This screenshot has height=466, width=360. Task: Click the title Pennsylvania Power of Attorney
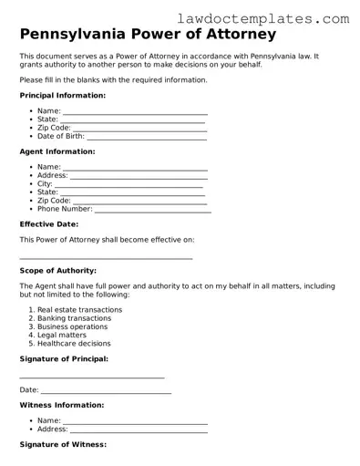[x=148, y=36]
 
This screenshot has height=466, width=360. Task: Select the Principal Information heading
[x=62, y=95]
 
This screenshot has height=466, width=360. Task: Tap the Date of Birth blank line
[x=147, y=138]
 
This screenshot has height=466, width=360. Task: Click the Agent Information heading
[x=57, y=151]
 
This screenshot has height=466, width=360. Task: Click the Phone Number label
[x=65, y=209]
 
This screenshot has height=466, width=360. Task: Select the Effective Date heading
[x=48, y=223]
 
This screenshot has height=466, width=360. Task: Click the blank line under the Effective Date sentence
[x=106, y=259]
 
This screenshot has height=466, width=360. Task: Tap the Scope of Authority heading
[x=57, y=271]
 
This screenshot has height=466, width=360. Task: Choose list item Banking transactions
[x=74, y=318]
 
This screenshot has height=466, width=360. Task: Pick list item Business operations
[x=72, y=326]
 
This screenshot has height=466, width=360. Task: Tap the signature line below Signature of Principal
[x=91, y=378]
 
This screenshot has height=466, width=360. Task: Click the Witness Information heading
[x=61, y=405]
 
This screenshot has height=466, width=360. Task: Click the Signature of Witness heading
[x=63, y=444]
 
